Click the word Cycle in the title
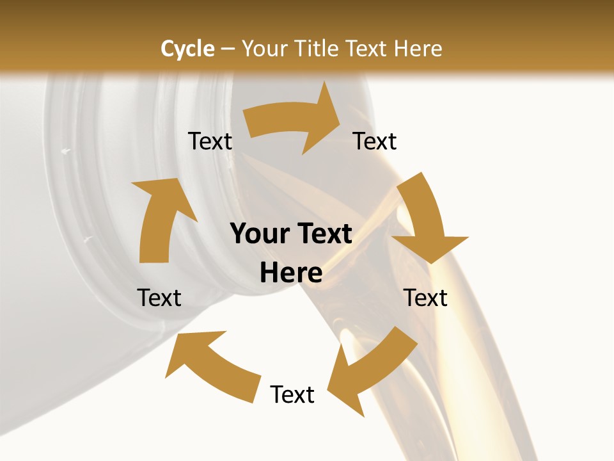(187, 49)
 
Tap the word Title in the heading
(317, 49)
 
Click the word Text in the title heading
(366, 49)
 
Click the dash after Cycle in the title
(228, 49)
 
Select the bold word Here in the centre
(291, 273)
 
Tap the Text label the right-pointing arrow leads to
(375, 141)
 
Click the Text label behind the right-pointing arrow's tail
(210, 141)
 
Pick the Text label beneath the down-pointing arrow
(426, 298)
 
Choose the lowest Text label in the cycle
(292, 394)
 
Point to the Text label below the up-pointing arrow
(159, 298)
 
